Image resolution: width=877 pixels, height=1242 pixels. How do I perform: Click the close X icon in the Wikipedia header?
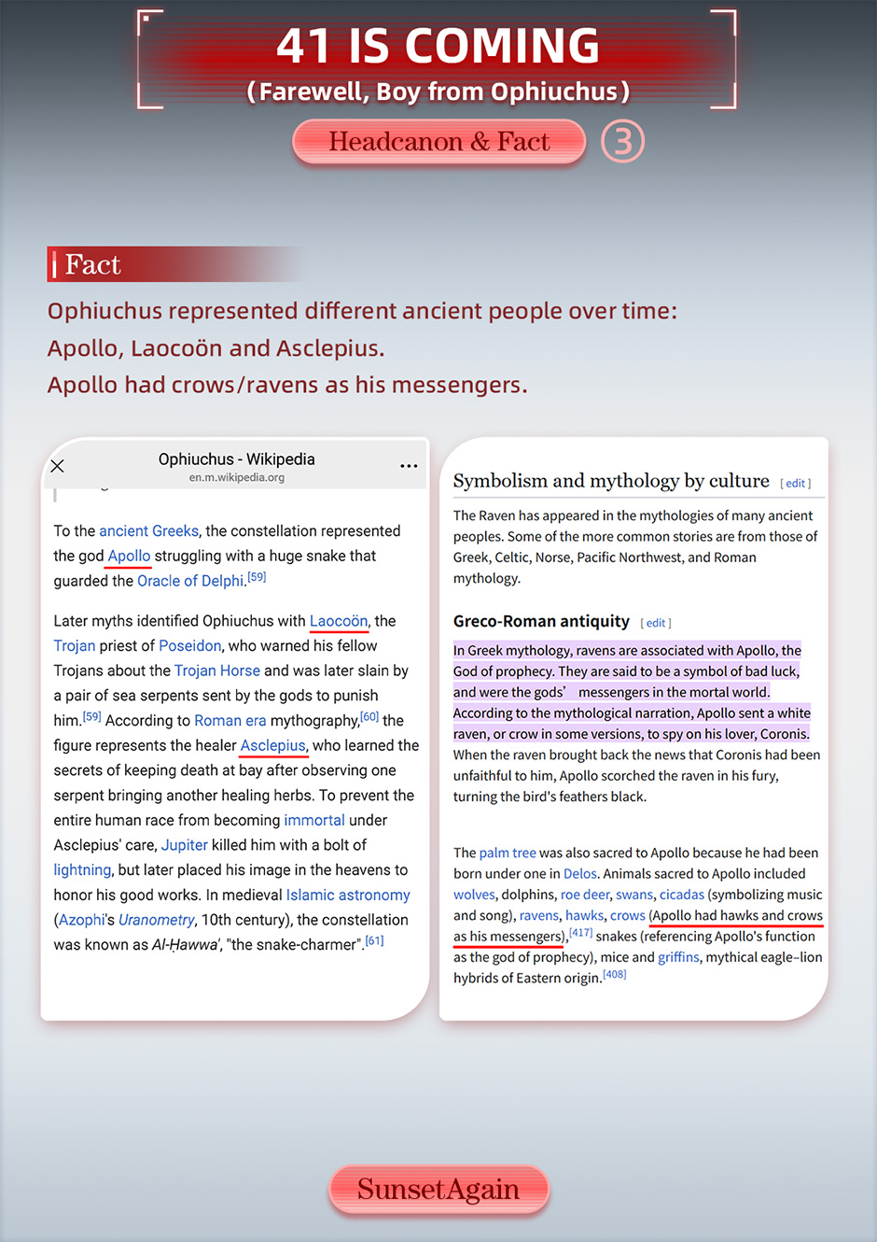coord(57,466)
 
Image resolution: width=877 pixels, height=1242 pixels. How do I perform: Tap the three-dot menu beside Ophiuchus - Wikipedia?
coord(409,466)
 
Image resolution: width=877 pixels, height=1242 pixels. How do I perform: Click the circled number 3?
coord(622,142)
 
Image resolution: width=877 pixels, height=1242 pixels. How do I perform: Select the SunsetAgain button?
coord(438,1190)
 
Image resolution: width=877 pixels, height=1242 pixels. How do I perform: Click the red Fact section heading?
coord(93,265)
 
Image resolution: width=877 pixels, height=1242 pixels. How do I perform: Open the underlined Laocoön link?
coord(339,621)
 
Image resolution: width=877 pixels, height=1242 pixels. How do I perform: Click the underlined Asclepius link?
coord(273,745)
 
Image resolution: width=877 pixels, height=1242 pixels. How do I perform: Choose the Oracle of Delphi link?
coord(190,581)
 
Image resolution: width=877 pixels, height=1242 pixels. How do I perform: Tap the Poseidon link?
coord(189,645)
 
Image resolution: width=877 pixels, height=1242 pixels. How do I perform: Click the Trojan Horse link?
coord(216,670)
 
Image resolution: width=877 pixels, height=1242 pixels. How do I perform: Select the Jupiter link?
coord(184,845)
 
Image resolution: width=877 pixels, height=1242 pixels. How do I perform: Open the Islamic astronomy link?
coord(348,895)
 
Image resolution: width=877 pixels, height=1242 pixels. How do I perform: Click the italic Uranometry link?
coord(156,920)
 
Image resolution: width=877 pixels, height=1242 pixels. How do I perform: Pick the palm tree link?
coord(507,853)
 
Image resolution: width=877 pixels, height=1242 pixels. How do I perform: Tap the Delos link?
coord(579,874)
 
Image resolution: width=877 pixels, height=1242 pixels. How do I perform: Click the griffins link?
coord(678,957)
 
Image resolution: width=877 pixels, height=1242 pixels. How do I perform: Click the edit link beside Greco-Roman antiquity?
coord(656,623)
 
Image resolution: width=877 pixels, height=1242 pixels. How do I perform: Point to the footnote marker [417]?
coord(580,933)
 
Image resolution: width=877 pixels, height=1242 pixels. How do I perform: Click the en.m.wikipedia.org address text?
coord(236,477)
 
